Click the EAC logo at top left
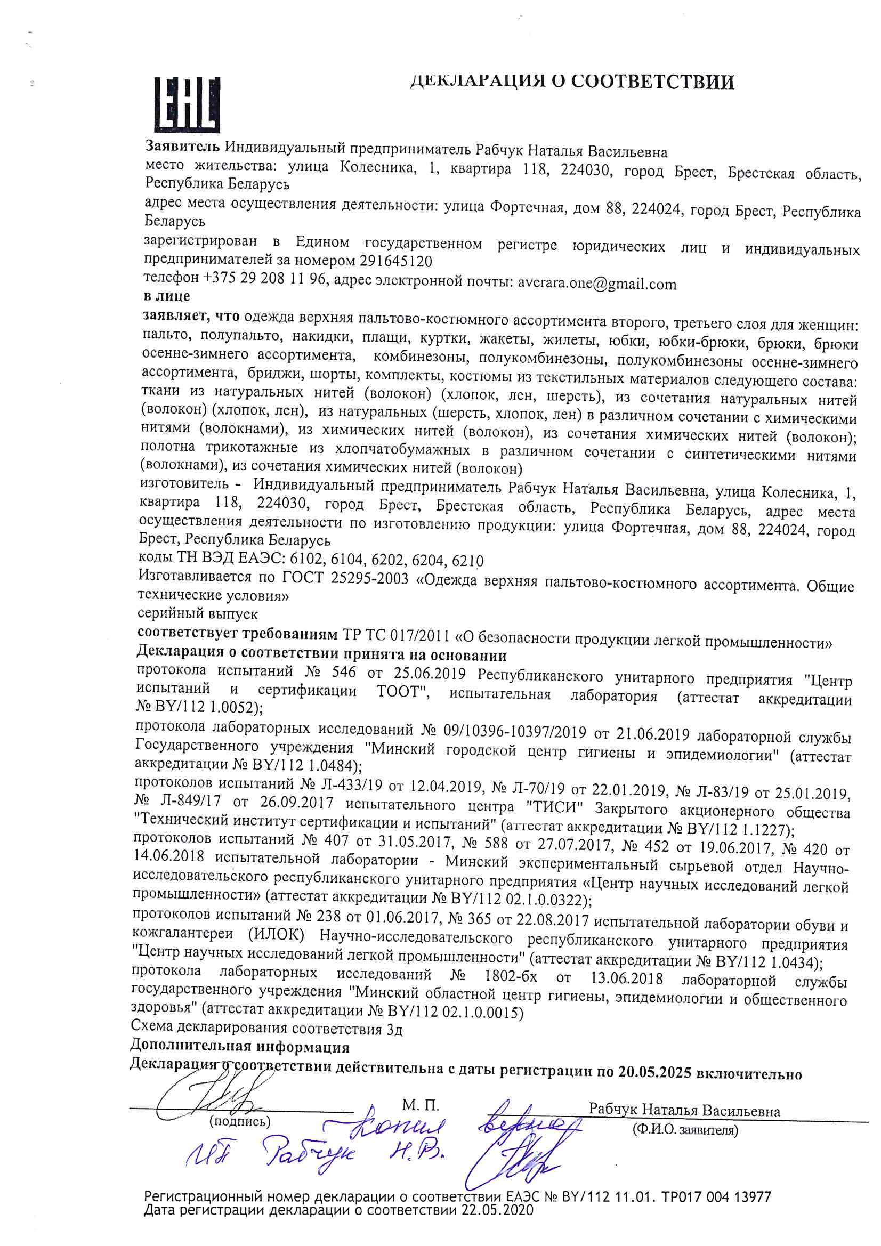click(x=187, y=105)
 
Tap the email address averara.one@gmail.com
click(x=596, y=284)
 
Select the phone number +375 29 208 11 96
click(x=265, y=278)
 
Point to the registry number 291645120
click(x=395, y=262)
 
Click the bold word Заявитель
click(x=182, y=146)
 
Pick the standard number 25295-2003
click(x=369, y=579)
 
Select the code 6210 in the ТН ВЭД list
click(x=467, y=561)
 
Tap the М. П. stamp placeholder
click(x=420, y=1105)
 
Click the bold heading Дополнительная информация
click(x=239, y=1046)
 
